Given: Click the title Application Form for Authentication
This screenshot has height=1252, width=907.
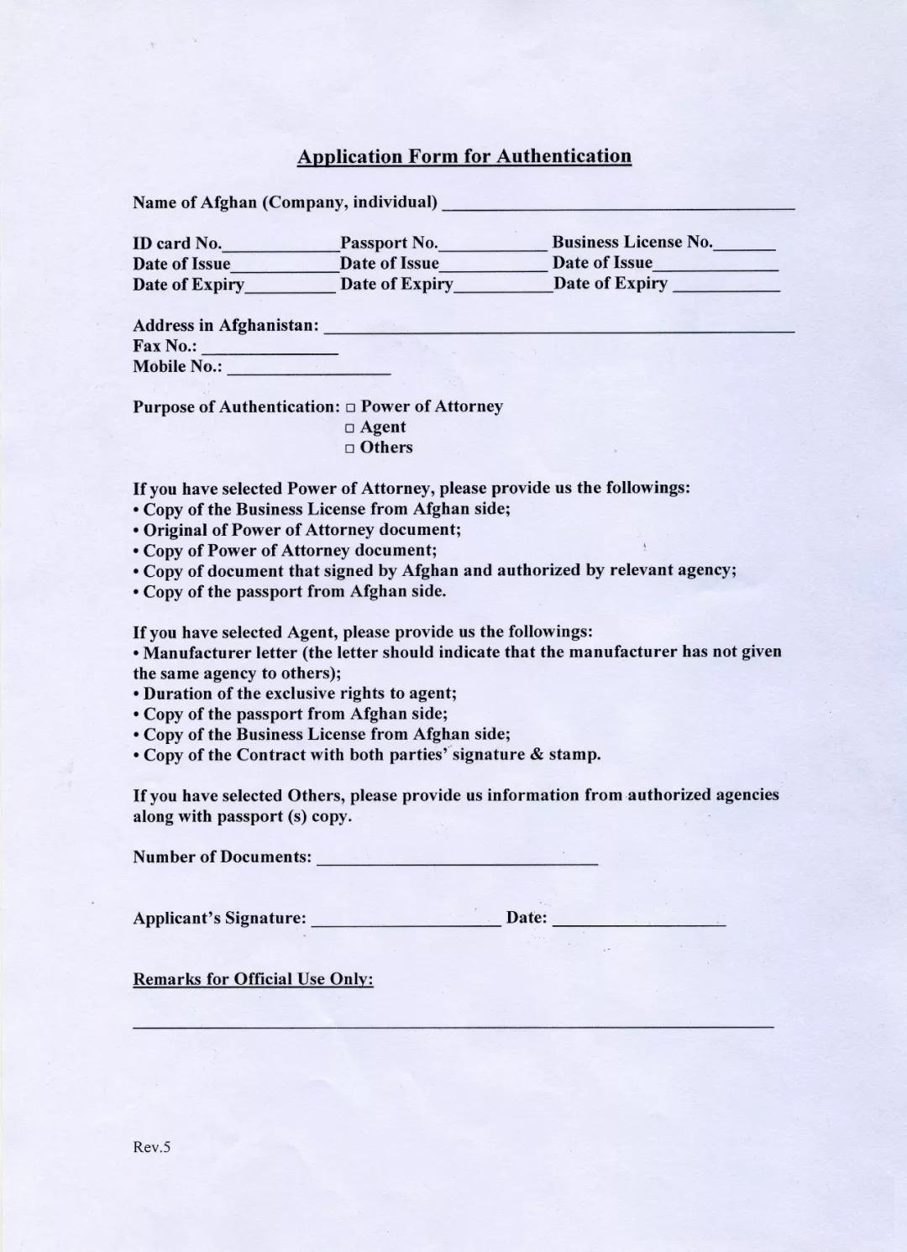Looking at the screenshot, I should pos(464,156).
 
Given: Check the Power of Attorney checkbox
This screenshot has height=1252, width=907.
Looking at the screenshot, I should pos(350,408).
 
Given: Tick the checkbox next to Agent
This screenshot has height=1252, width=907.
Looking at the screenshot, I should pos(350,428).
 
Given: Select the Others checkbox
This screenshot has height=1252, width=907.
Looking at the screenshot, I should pos(350,449).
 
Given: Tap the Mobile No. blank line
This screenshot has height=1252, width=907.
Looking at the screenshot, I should pos(308,370).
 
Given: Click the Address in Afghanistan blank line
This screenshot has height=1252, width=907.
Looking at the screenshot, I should pos(558,330).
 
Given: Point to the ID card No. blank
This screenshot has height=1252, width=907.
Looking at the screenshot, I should pos(280,249).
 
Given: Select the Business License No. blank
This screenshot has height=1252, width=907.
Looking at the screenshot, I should pos(744,248).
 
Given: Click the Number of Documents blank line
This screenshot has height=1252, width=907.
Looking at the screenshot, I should pos(457,862).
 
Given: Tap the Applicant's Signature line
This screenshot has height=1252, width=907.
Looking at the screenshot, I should pos(406,923).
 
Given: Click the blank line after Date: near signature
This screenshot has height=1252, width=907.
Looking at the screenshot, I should pos(638,923).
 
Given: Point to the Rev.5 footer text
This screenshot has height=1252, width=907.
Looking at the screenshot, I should pos(151,1147).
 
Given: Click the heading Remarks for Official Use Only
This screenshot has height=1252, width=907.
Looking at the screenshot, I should pos(253,979).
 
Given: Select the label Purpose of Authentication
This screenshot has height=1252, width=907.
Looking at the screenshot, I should pos(235,407).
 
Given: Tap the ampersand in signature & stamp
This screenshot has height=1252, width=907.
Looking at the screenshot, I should pos(537,754).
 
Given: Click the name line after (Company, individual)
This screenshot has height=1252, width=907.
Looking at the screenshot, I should pos(617,206).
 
